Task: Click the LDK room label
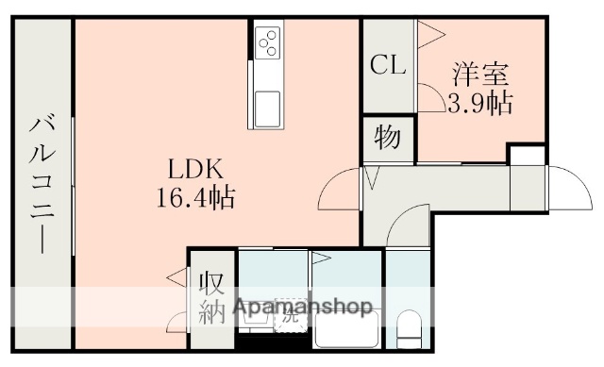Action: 195,171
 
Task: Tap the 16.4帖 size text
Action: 195,198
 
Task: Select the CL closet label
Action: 387,65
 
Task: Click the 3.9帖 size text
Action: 480,102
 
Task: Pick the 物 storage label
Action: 387,138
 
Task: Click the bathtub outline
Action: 344,330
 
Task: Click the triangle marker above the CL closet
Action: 429,35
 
